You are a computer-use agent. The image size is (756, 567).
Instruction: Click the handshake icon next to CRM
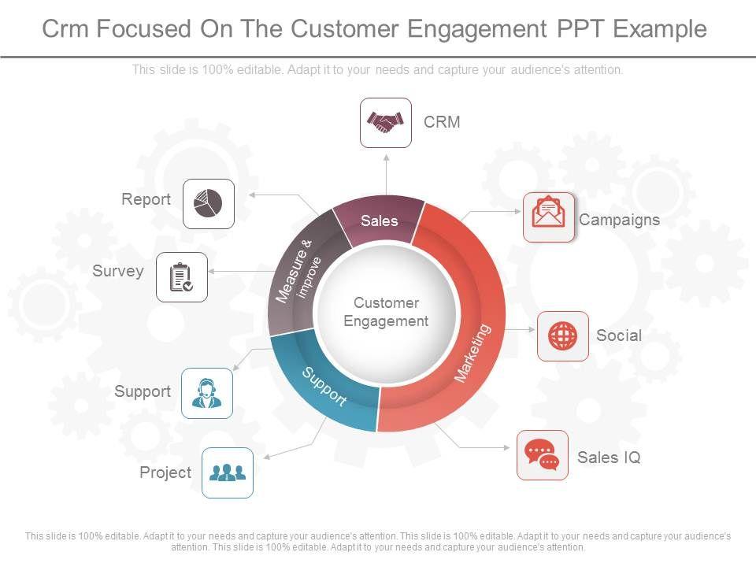pos(386,122)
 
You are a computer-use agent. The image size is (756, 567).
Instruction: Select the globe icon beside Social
pos(562,336)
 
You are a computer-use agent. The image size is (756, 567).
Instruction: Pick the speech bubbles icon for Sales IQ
pos(542,455)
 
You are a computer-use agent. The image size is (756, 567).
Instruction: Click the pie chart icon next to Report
pos(209,203)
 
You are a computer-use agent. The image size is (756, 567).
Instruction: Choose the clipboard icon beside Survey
pos(182,277)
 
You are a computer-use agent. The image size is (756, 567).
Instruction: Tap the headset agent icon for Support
pos(207,393)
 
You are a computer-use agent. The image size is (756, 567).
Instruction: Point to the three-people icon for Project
pos(228,472)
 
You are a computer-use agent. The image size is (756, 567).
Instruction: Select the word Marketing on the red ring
pos(473,353)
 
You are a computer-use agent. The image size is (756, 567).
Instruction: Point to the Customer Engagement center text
pos(386,312)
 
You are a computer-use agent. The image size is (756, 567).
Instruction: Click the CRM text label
pos(442,122)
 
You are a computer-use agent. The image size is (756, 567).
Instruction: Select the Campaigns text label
pos(619,220)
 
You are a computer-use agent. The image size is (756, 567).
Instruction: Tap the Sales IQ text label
pos(609,458)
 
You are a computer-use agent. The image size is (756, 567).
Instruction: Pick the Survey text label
pos(118,272)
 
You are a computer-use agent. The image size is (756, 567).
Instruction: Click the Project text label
pos(165,472)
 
